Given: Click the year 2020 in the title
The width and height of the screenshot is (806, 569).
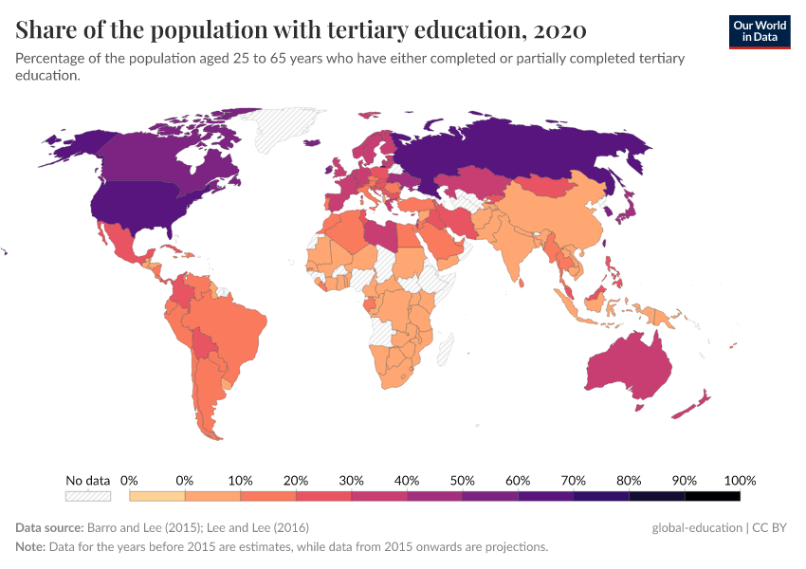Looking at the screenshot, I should (x=559, y=30).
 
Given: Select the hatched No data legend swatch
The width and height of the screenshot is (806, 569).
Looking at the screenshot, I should (x=87, y=496).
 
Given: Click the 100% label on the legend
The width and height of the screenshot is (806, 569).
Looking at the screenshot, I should (x=740, y=480).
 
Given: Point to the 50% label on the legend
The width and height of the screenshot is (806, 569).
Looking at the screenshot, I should (x=463, y=480).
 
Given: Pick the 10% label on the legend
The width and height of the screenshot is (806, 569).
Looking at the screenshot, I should (x=241, y=480).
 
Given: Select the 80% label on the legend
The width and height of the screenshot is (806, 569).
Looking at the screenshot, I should (x=630, y=480).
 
